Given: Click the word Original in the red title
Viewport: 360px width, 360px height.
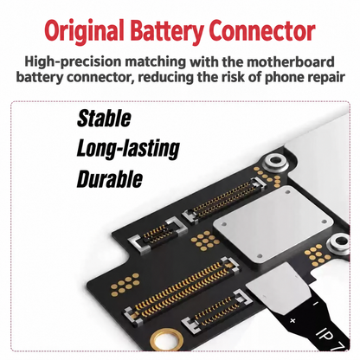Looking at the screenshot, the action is (x=84, y=30).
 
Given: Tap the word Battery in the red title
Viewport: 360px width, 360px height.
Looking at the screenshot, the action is (x=167, y=30).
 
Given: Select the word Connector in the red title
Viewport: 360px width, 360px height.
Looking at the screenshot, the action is (x=263, y=30).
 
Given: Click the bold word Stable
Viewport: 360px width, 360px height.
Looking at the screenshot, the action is (x=104, y=119).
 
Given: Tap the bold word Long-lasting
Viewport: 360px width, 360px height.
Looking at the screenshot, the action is (x=128, y=149).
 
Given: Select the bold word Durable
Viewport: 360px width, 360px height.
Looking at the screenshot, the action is (x=110, y=179).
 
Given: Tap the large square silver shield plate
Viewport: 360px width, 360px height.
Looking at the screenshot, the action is (x=273, y=223).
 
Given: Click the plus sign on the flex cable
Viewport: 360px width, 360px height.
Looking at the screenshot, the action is (x=292, y=320).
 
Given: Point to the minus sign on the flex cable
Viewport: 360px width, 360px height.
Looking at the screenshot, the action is (x=315, y=303).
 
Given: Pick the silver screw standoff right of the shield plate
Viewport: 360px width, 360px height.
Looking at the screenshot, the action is (x=341, y=243).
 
